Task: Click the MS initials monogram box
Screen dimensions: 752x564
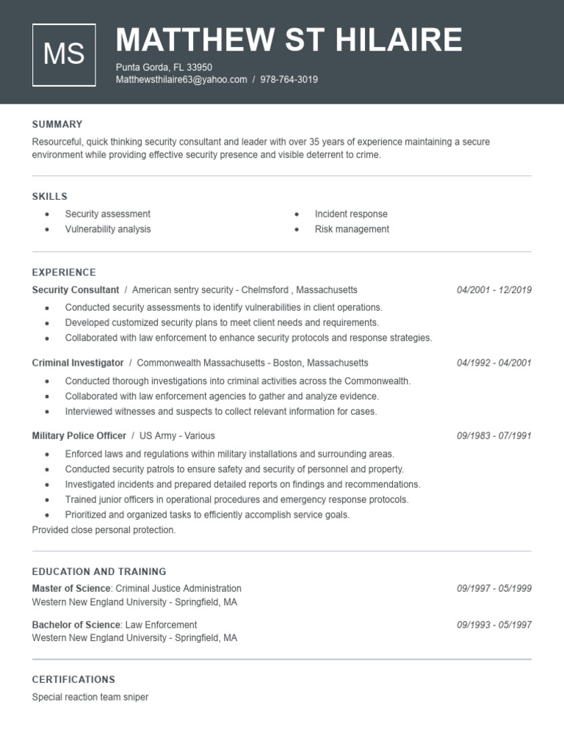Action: [64, 54]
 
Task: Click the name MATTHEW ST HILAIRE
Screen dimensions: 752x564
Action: [289, 40]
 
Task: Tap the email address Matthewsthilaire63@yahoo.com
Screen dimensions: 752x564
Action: [181, 79]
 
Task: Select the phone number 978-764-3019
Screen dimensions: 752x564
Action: [289, 79]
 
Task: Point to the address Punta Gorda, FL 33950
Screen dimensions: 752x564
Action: [164, 67]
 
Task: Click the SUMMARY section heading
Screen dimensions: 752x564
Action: [57, 124]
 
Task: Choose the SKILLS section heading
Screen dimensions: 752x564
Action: [50, 196]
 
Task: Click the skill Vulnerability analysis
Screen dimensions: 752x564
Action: [108, 229]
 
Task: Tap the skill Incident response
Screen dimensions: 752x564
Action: [351, 214]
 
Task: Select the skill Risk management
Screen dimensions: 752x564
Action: [352, 229]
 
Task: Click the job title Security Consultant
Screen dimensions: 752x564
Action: [76, 290]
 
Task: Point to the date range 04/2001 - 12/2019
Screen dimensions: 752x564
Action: [493, 290]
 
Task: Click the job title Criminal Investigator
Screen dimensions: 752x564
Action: [78, 363]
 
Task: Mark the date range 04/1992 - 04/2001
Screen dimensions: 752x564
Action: [493, 363]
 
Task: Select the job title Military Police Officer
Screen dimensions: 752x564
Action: [79, 435]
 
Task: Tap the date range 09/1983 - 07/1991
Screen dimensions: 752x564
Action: [493, 435]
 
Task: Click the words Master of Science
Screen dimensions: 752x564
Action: [71, 588]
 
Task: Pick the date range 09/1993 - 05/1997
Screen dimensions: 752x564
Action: [493, 625]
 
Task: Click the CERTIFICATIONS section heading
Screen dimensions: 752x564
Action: [73, 679]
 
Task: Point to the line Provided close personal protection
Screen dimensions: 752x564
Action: [104, 529]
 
